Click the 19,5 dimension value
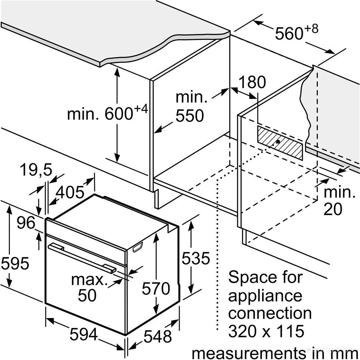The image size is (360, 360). [x=36, y=170]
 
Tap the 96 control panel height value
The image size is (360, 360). [x=26, y=223]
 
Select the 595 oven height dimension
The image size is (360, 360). [x=15, y=263]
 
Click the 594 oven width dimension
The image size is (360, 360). [x=83, y=334]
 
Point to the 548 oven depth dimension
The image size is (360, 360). [x=158, y=336]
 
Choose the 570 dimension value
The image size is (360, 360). [x=156, y=288]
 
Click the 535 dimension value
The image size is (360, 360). [x=196, y=258]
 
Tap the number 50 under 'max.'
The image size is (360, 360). [x=87, y=295]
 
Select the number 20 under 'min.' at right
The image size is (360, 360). [x=333, y=209]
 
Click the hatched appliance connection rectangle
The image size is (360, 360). [x=280, y=143]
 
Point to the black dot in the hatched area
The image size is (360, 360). [x=278, y=142]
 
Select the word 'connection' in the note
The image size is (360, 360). [x=270, y=313]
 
